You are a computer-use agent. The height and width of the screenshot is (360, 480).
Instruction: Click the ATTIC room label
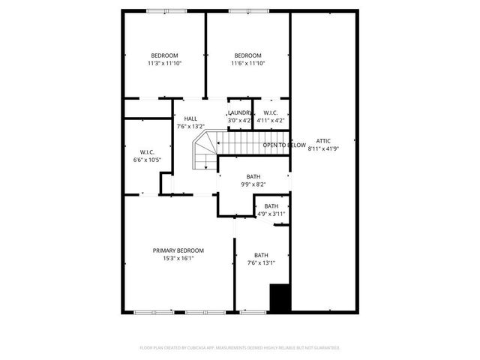(x=322, y=141)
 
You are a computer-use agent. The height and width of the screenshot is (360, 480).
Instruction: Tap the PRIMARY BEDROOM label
(x=178, y=250)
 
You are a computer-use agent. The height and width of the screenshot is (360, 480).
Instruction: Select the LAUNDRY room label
(x=240, y=112)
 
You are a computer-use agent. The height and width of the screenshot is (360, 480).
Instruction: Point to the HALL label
(x=190, y=118)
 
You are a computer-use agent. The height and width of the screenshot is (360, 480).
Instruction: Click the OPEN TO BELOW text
(x=284, y=145)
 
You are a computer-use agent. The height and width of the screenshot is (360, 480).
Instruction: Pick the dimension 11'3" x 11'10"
(x=164, y=64)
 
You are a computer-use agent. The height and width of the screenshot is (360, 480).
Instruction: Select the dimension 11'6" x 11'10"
(x=247, y=64)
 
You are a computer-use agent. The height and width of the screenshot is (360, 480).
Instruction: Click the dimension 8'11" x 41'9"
(x=322, y=149)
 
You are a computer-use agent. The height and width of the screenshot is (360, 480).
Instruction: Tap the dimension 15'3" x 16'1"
(x=178, y=259)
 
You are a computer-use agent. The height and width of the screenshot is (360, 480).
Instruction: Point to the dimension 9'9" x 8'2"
(x=253, y=184)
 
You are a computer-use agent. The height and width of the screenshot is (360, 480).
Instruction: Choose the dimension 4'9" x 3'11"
(x=271, y=214)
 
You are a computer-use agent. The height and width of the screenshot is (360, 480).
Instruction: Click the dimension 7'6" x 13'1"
(x=261, y=262)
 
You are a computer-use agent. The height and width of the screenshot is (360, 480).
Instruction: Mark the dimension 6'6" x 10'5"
(x=147, y=160)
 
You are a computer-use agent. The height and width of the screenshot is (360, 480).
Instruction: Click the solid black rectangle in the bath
(x=280, y=298)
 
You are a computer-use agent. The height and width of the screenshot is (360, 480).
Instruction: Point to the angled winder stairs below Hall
(x=205, y=154)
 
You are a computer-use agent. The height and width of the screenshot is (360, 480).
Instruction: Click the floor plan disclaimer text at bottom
(x=240, y=348)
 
